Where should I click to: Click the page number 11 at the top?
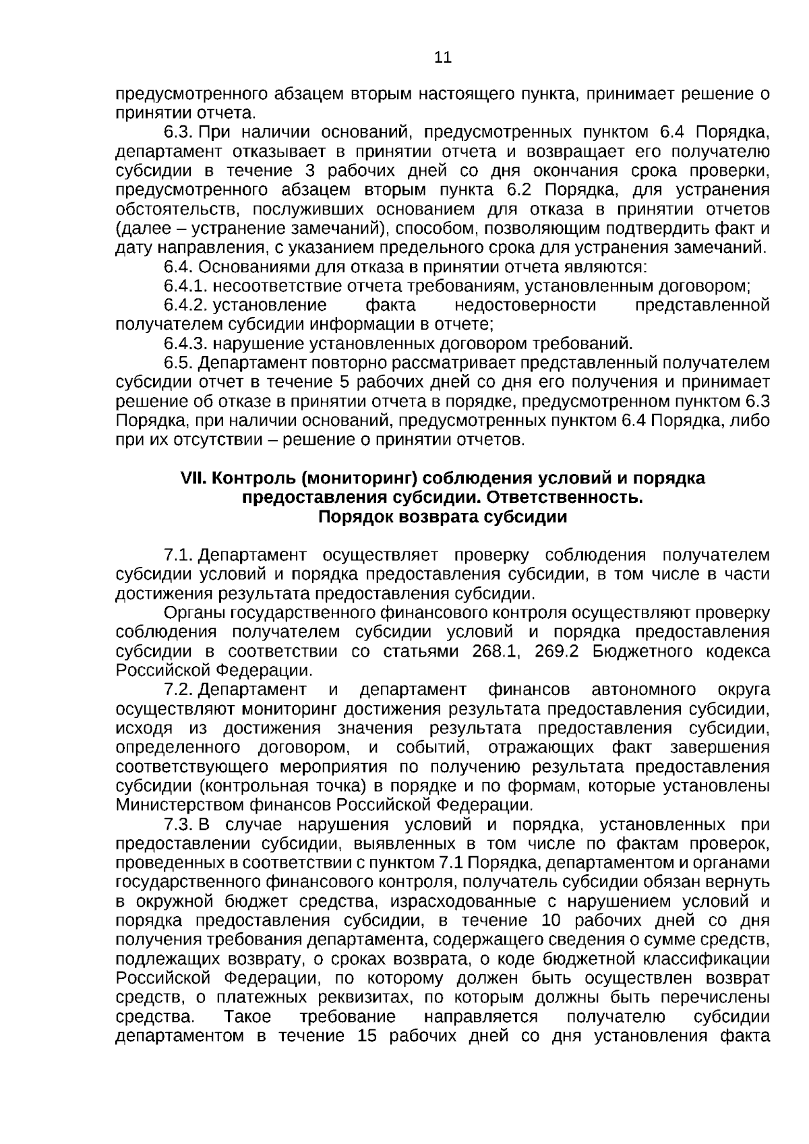click(x=442, y=57)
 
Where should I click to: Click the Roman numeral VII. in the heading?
click(x=195, y=479)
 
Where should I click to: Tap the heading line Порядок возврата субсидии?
click(x=442, y=518)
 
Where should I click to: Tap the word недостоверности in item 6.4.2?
click(x=525, y=305)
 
